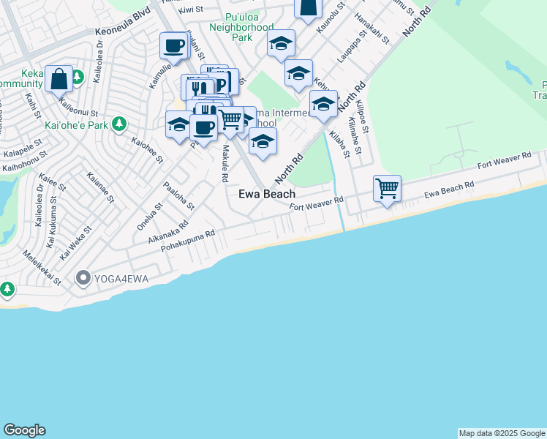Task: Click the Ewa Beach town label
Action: tap(267, 194)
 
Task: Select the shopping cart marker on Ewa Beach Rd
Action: tap(387, 189)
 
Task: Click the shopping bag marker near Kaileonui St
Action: tap(58, 79)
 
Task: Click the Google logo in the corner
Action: tap(24, 430)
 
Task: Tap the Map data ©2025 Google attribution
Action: tap(502, 433)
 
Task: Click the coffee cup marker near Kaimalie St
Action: tap(174, 47)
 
